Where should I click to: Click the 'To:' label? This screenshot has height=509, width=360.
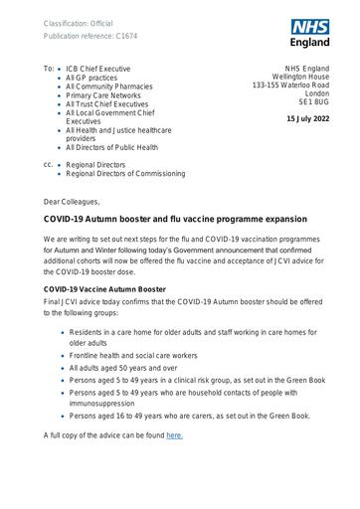click(50, 68)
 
